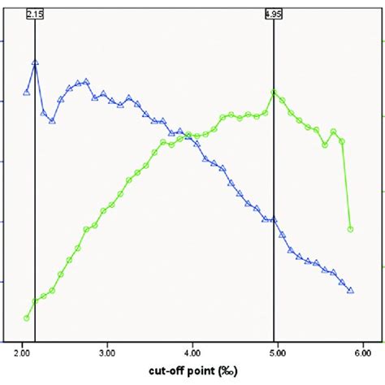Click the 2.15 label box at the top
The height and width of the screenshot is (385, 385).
pyautogui.click(x=34, y=14)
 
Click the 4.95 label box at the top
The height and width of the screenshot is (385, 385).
pyautogui.click(x=274, y=14)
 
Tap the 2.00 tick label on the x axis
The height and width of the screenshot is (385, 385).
pyautogui.click(x=22, y=354)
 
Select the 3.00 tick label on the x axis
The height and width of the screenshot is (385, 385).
pyautogui.click(x=107, y=354)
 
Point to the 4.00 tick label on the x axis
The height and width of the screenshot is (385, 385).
pyautogui.click(x=192, y=354)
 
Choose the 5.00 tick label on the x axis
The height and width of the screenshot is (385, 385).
pyautogui.click(x=278, y=354)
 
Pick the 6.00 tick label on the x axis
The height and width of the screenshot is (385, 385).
pyautogui.click(x=362, y=354)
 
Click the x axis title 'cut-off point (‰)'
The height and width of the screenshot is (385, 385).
pyautogui.click(x=192, y=374)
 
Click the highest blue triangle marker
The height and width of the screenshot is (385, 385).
pyautogui.click(x=35, y=62)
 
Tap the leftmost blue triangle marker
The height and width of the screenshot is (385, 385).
pyautogui.click(x=26, y=93)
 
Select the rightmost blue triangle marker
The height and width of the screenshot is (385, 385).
pyautogui.click(x=350, y=290)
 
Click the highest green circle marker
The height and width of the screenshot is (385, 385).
pyautogui.click(x=274, y=93)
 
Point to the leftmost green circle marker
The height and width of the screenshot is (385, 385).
pyautogui.click(x=26, y=318)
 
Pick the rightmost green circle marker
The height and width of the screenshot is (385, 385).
pyautogui.click(x=350, y=229)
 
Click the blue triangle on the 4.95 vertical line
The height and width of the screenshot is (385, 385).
pyautogui.click(x=274, y=219)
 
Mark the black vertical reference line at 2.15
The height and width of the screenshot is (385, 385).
pyautogui.click(x=35, y=203)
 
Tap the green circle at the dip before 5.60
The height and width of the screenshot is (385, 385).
pyautogui.click(x=325, y=145)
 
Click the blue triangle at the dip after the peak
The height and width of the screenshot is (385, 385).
pyautogui.click(x=52, y=121)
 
